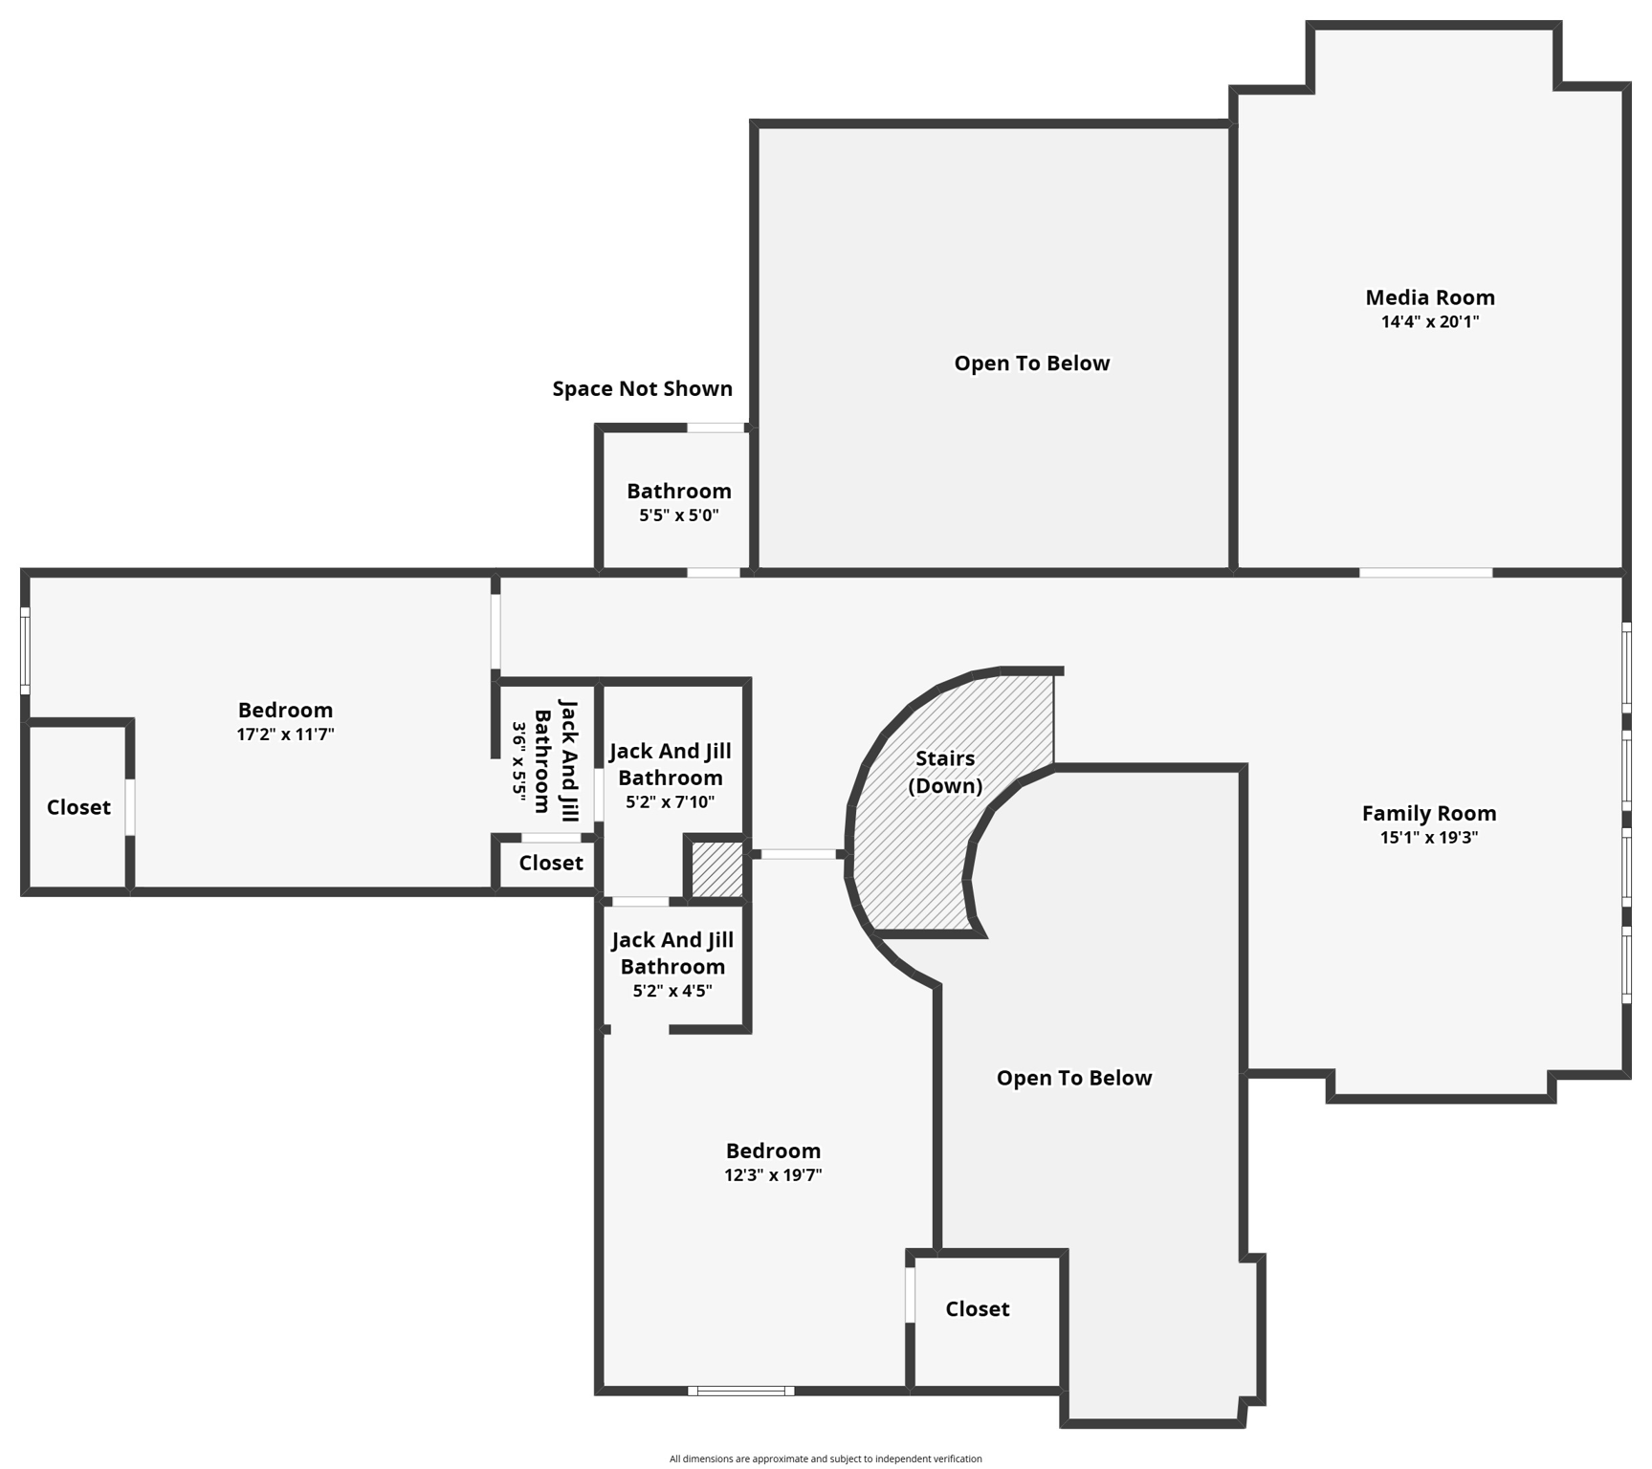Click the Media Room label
pos(1429,297)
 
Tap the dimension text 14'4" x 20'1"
pos(1429,322)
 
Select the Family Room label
pos(1428,813)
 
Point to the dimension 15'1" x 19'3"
pos(1428,838)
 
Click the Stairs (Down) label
pos(945,772)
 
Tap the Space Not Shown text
pos(642,388)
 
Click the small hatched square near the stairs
pos(716,868)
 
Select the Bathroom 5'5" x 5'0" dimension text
pos(678,515)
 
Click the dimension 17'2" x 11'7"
pos(285,734)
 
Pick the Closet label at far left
pos(78,807)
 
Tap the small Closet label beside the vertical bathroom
pos(551,863)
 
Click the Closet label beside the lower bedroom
pos(977,1308)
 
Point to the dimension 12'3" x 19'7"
pos(773,1175)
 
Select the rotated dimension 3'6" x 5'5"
pos(519,759)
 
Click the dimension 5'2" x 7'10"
pos(670,802)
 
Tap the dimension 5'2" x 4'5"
pos(672,991)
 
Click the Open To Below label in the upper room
pos(1031,363)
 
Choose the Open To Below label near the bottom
pos(1073,1078)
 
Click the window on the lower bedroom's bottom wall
pos(740,1391)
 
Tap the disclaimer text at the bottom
pos(825,1458)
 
